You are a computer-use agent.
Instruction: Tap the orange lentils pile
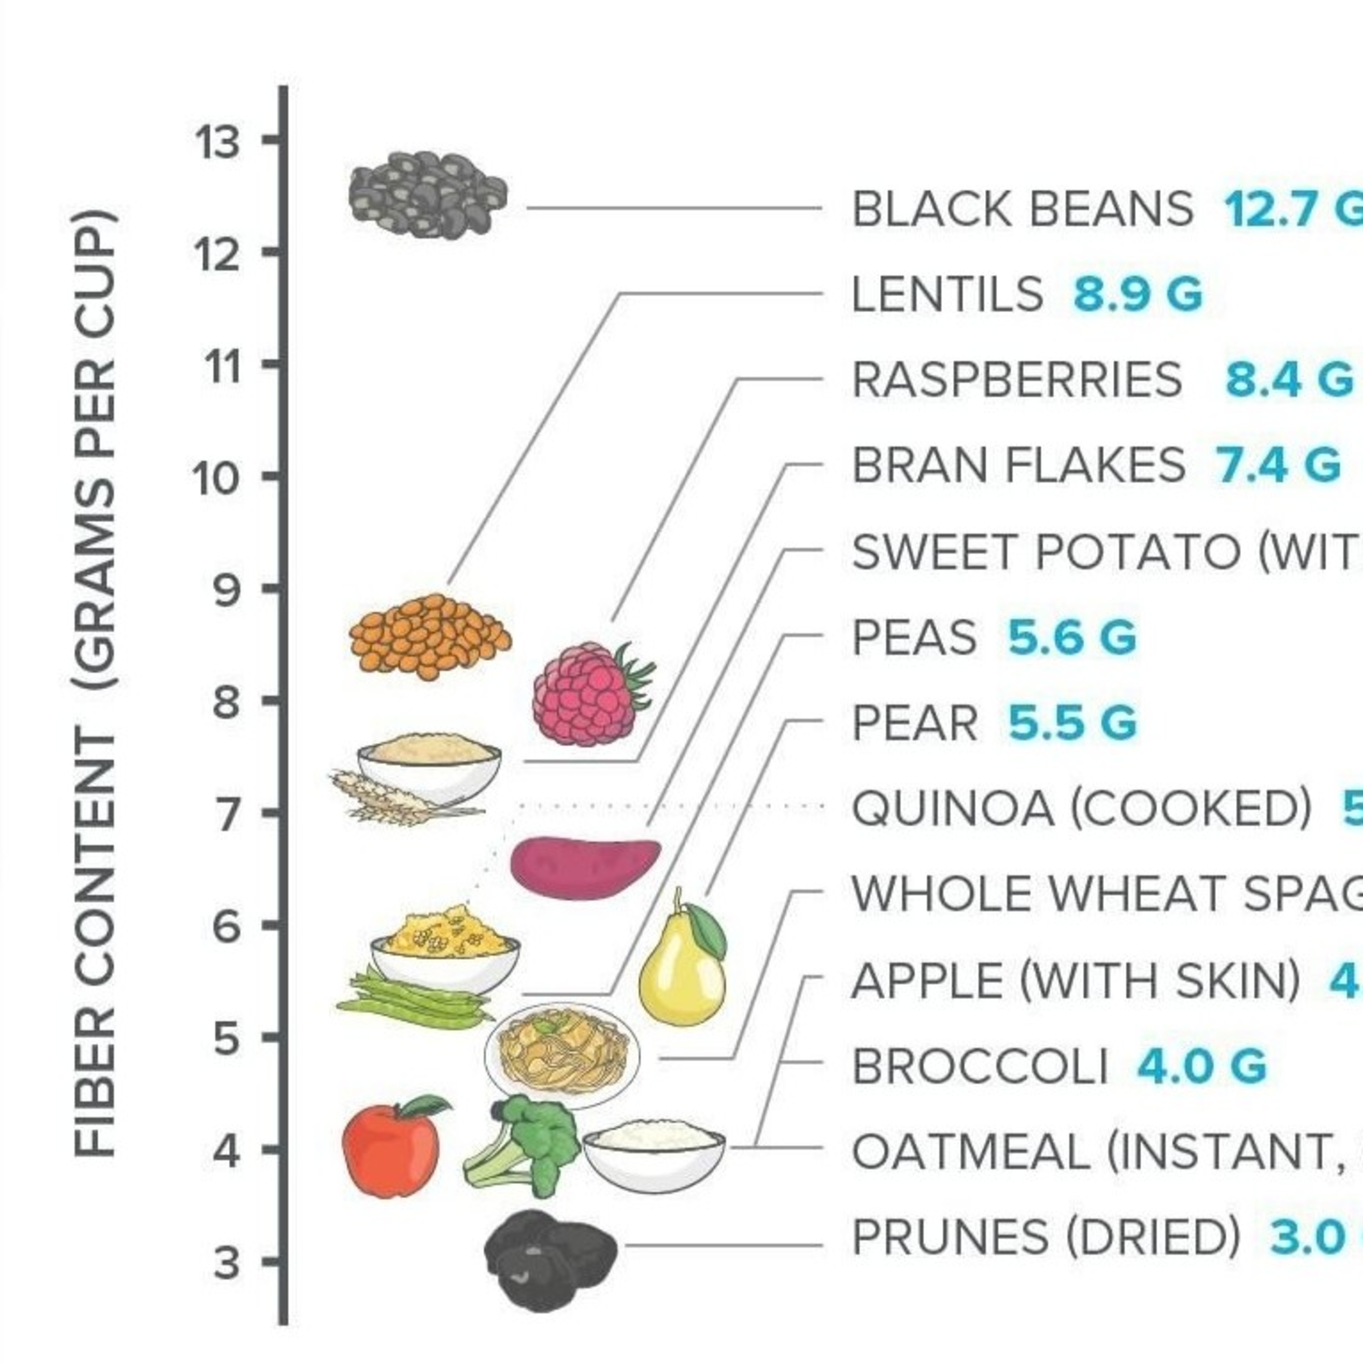(x=429, y=637)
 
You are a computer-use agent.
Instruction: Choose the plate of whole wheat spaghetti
(x=562, y=1056)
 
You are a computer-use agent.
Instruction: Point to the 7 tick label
(x=227, y=813)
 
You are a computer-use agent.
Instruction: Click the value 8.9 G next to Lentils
(x=1137, y=294)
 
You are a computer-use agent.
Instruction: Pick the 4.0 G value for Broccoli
(x=1201, y=1065)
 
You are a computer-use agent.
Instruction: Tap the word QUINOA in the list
(x=952, y=809)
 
